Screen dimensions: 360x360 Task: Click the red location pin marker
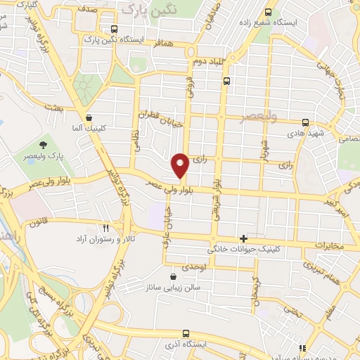coord(180,165)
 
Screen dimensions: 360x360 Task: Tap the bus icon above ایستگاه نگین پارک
coord(115,30)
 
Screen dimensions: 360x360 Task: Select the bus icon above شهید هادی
coord(304,122)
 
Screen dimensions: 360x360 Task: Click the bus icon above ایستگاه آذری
coord(185,333)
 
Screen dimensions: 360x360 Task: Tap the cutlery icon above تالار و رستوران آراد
coord(105,228)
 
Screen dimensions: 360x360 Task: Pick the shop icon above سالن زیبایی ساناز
coord(173,276)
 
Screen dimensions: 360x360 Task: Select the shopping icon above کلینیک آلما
coord(89,118)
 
